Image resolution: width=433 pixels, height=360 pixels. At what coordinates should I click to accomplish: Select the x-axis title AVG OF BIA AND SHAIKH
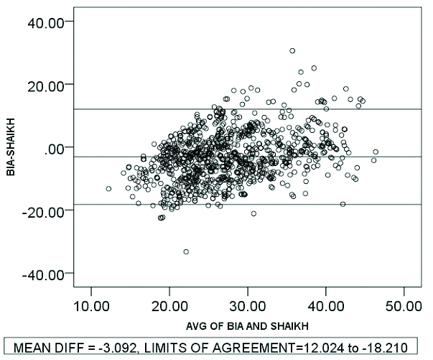click(238, 322)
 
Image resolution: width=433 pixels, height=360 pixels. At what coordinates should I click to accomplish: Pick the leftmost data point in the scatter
click(108, 189)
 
